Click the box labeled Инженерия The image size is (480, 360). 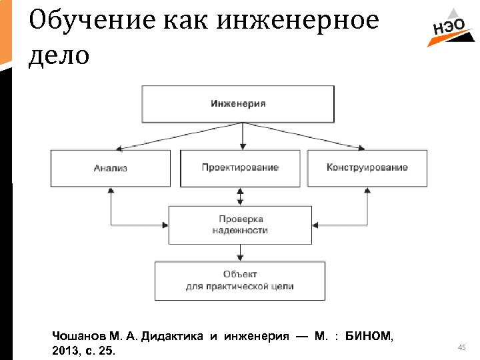click(x=238, y=104)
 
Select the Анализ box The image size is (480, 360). click(x=110, y=168)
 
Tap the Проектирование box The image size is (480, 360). click(x=240, y=168)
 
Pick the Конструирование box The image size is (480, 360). click(x=367, y=168)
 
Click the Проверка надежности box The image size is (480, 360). click(x=240, y=225)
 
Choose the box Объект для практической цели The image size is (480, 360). click(x=240, y=281)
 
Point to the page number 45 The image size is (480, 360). click(x=461, y=347)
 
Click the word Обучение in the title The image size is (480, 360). click(x=73, y=21)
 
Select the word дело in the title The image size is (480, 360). click(x=59, y=55)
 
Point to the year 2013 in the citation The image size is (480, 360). click(x=63, y=350)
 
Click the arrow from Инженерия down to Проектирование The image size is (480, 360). click(x=243, y=137)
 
